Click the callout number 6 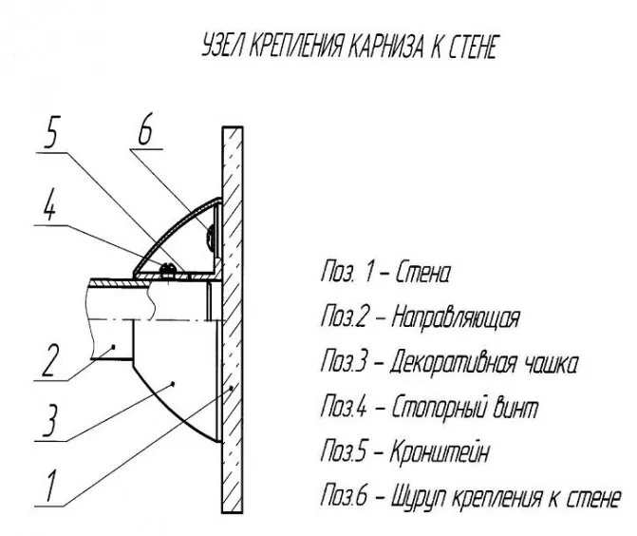145,128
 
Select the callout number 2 49,360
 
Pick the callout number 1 50,487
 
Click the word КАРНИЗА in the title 386,46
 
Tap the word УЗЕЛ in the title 222,46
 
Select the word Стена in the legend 422,272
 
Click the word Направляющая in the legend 456,317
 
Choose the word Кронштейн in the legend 439,451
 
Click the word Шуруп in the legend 418,497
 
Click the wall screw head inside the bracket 211,237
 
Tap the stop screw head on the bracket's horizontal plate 168,268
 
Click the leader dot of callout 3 174,383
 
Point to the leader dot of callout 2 113,346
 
